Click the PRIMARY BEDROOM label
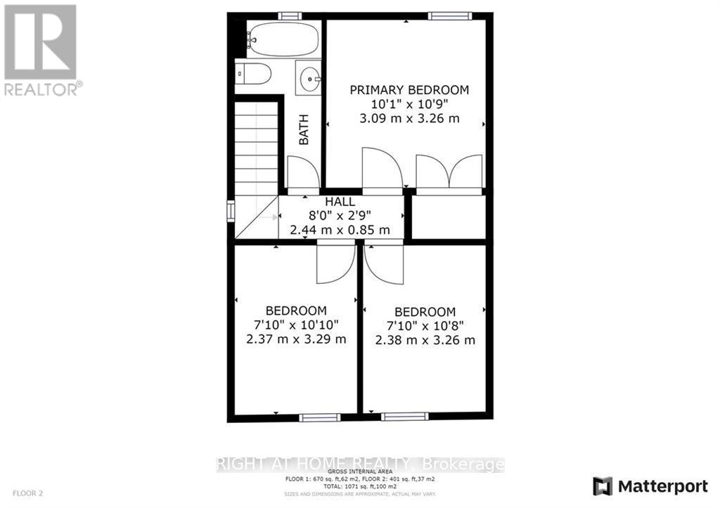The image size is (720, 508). point(409,90)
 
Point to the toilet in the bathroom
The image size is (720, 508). point(252,73)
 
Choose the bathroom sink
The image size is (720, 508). point(308,79)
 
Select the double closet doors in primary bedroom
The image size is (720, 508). point(448,172)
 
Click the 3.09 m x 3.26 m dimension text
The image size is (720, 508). point(409,118)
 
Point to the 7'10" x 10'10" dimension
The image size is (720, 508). point(295,325)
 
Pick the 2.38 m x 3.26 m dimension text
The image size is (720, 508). point(425,340)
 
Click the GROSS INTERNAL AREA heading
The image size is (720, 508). point(359,472)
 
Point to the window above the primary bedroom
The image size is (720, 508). point(449,15)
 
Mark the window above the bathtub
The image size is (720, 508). point(289,15)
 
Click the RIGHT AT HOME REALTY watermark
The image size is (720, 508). point(359,464)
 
